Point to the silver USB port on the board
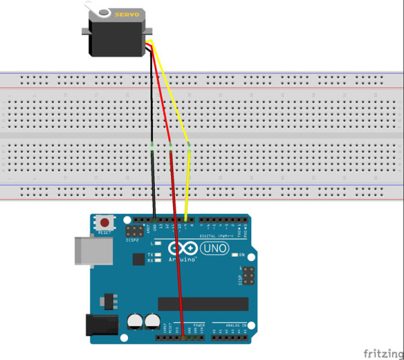pos(87,251)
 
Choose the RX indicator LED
pos(157,261)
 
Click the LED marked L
pos(157,243)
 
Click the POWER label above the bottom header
pos(199,325)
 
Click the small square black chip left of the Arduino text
pos(139,259)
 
